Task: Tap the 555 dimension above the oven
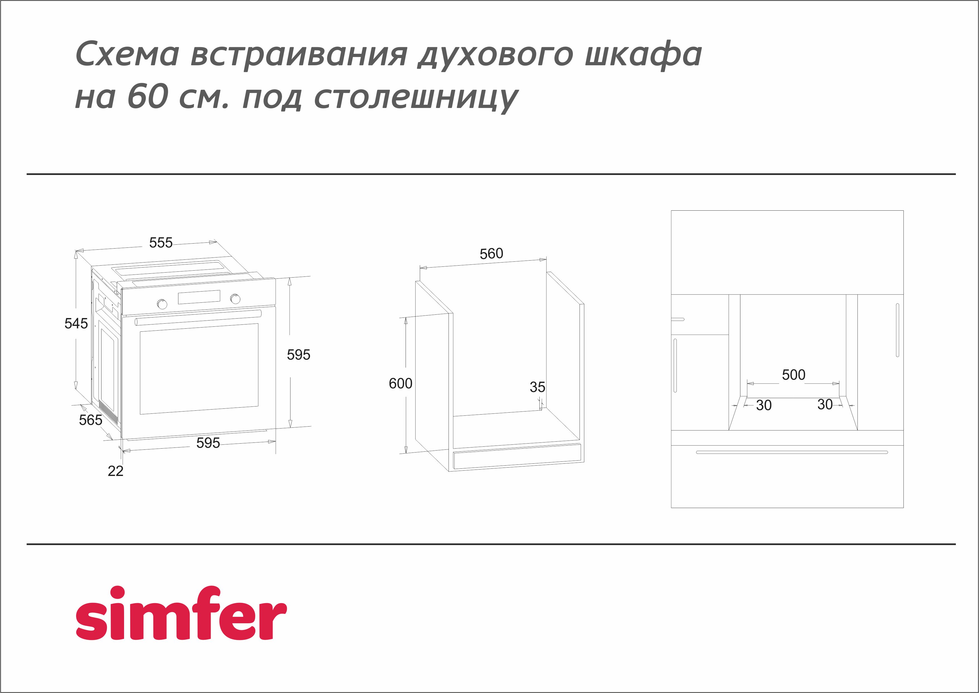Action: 161,243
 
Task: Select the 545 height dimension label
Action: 76,323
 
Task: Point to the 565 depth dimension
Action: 90,420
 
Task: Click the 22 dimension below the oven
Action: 115,471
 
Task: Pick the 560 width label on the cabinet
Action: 491,254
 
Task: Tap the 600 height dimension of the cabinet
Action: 400,384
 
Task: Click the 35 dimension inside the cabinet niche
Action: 537,387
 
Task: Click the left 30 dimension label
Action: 764,405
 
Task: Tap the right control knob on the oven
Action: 235,299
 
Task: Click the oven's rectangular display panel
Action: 199,297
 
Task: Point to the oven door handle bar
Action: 198,318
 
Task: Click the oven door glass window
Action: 199,369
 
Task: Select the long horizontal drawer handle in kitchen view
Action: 792,452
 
